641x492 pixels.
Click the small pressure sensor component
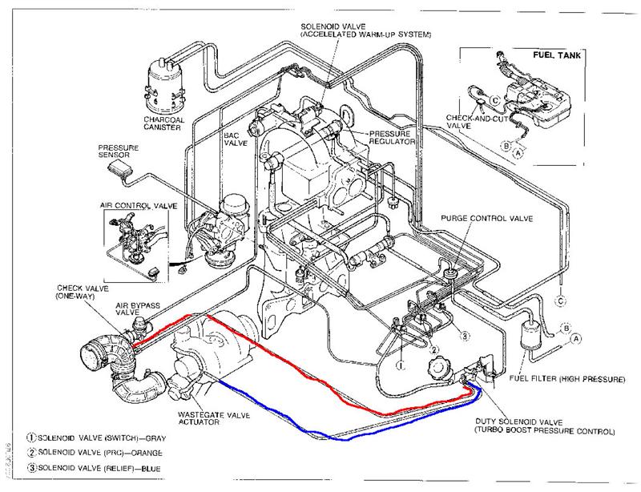point(123,168)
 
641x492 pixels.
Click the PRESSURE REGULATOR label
point(392,136)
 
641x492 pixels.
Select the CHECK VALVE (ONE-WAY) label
point(77,292)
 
